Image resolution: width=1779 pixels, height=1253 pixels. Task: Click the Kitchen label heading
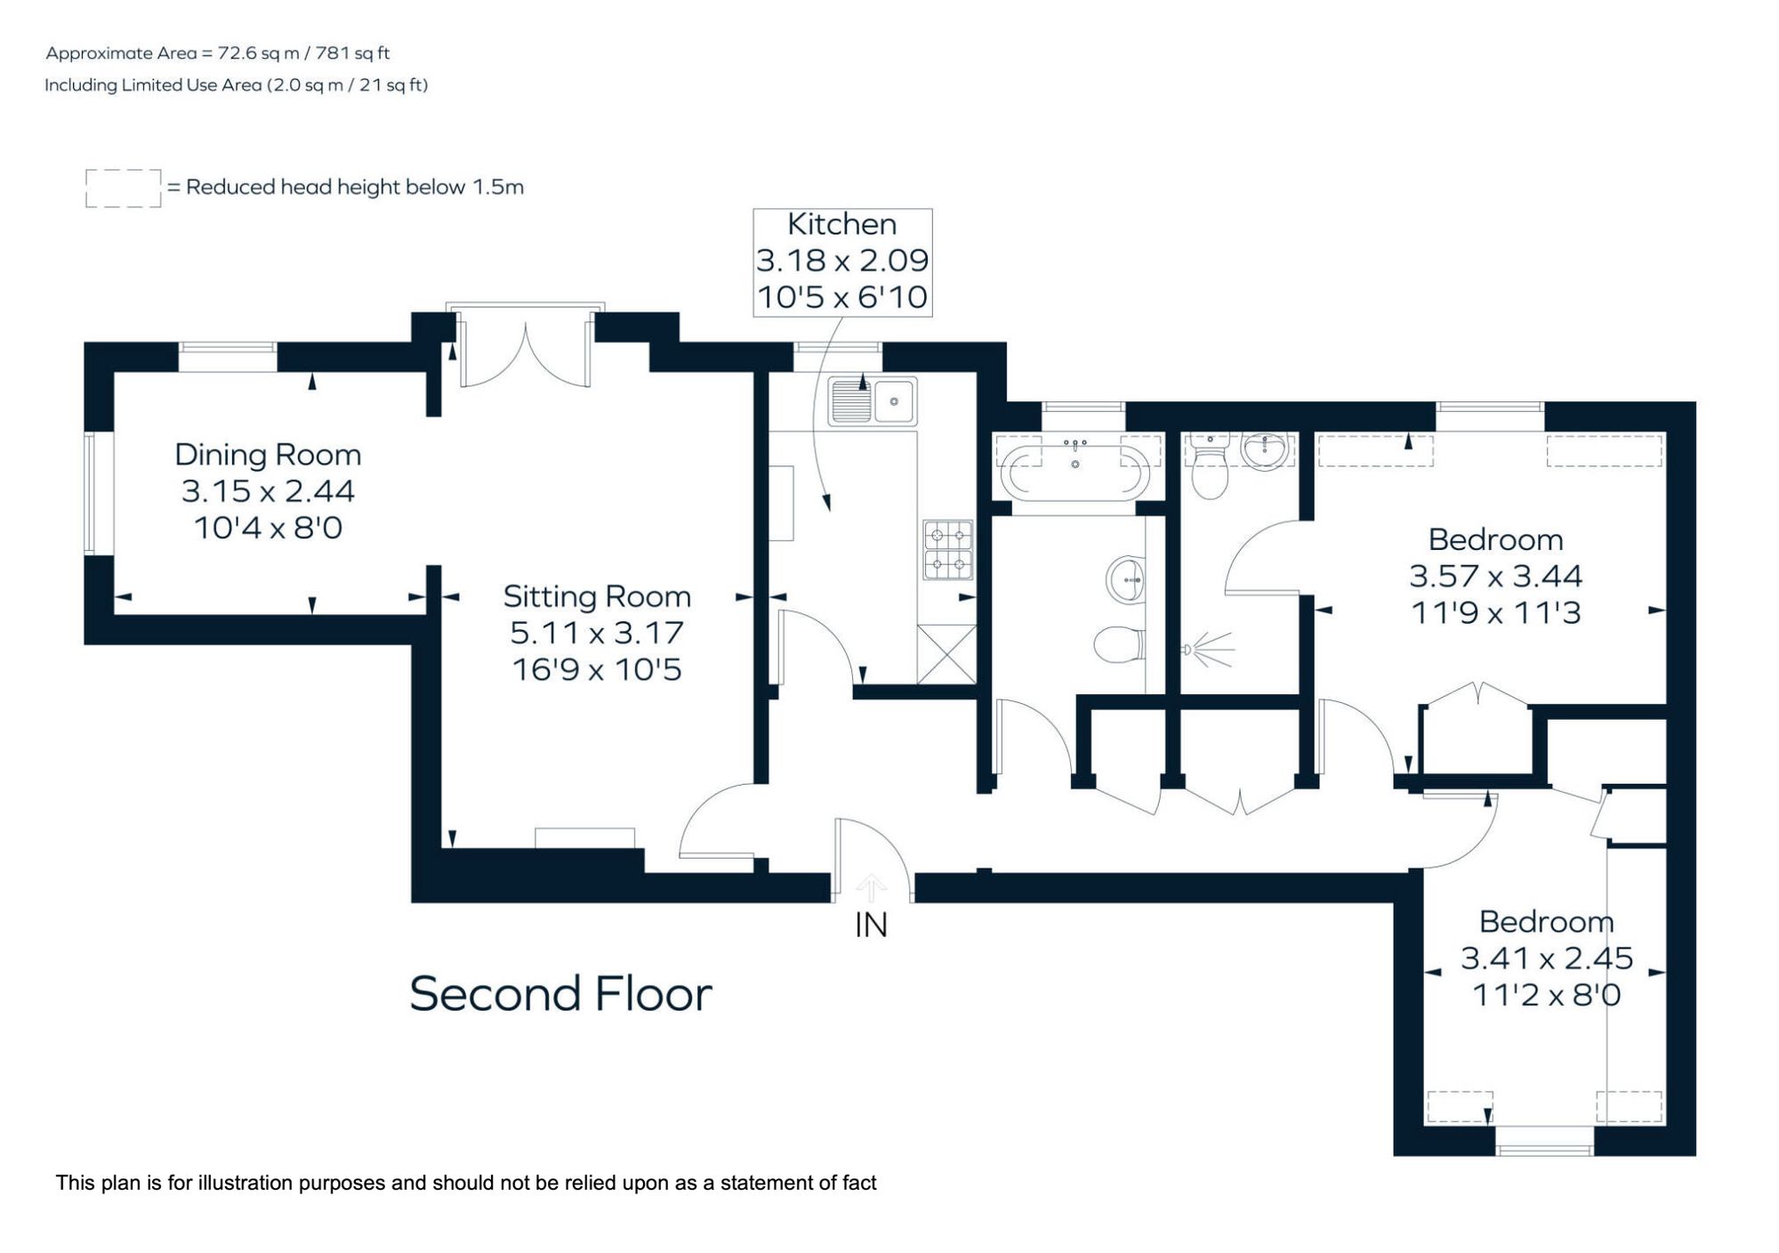point(841,224)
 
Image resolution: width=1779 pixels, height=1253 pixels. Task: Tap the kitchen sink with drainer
point(872,401)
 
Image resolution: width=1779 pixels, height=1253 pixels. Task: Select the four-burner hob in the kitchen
point(947,550)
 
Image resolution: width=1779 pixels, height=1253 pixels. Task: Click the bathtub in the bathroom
point(1075,468)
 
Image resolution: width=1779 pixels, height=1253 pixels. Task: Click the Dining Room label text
point(268,455)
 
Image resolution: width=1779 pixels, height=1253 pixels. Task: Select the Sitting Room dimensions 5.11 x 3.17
point(596,633)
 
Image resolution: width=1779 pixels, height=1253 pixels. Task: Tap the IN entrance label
point(871,926)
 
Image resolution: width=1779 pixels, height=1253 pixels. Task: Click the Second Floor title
point(560,993)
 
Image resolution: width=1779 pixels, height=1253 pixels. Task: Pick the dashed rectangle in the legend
point(123,189)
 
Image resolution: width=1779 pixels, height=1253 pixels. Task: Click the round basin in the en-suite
point(1264,450)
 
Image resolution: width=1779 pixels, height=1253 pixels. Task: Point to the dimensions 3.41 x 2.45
point(1546,958)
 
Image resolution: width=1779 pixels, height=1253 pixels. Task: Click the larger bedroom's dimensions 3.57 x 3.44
point(1495,576)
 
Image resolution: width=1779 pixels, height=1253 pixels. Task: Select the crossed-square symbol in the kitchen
point(946,654)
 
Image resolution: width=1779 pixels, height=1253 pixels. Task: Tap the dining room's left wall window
point(90,494)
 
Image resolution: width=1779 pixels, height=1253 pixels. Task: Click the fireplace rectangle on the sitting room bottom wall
point(584,837)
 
